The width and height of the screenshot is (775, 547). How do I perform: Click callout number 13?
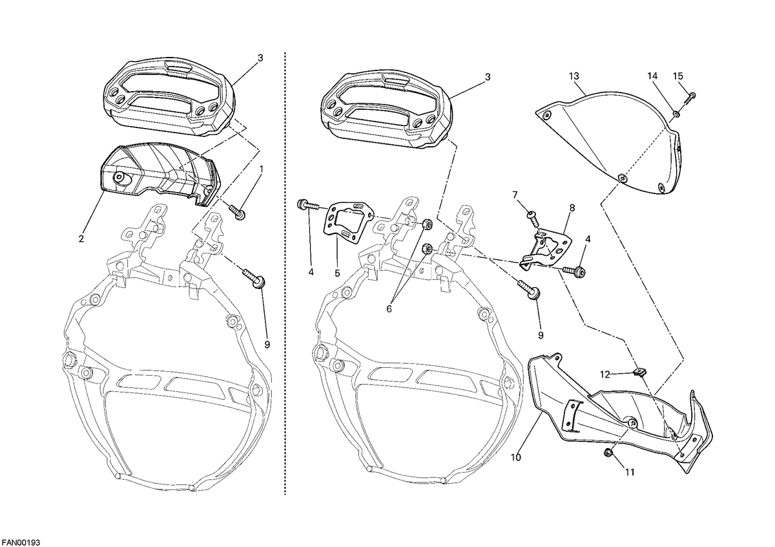point(573,76)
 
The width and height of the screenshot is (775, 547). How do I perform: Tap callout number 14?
point(652,76)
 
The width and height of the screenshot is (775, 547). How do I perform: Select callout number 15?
point(677,76)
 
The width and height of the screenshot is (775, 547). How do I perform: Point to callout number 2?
point(81,239)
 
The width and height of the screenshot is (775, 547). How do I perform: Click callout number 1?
point(262,169)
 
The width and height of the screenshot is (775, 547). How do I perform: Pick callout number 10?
point(515,457)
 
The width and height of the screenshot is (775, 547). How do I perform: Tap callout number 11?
point(630,472)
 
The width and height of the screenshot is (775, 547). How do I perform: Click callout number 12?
point(604,374)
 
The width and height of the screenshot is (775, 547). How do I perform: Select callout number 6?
point(389,309)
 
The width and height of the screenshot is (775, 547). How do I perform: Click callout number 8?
point(572,208)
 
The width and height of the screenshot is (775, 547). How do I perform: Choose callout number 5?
point(337,273)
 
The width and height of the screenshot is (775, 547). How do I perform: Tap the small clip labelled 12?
point(640,372)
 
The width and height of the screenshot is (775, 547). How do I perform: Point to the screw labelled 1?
point(238,212)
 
